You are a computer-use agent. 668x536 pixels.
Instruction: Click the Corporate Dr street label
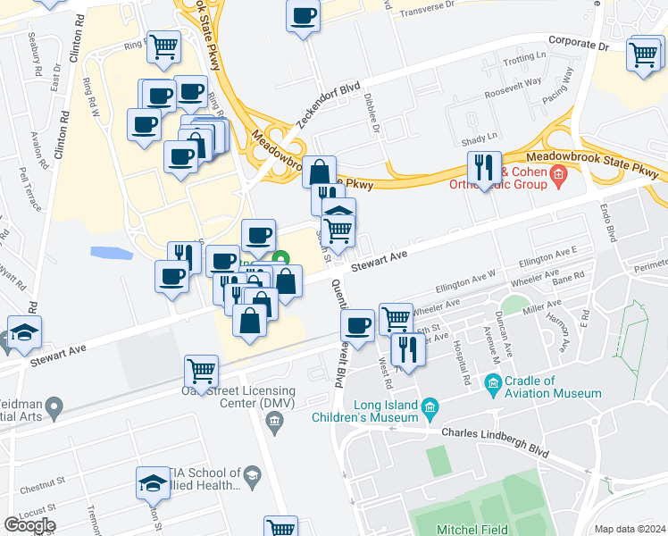click(578, 42)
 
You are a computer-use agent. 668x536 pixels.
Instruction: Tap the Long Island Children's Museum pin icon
click(430, 407)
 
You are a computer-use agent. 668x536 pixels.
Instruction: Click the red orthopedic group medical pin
click(560, 172)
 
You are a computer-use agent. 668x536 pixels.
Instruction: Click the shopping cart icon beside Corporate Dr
click(644, 54)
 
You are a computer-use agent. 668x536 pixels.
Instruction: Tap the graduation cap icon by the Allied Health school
click(154, 483)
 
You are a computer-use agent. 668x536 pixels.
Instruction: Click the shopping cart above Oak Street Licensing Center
click(202, 370)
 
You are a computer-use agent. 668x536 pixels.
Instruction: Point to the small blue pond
click(111, 253)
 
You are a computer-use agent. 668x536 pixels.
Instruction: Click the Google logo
click(29, 525)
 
